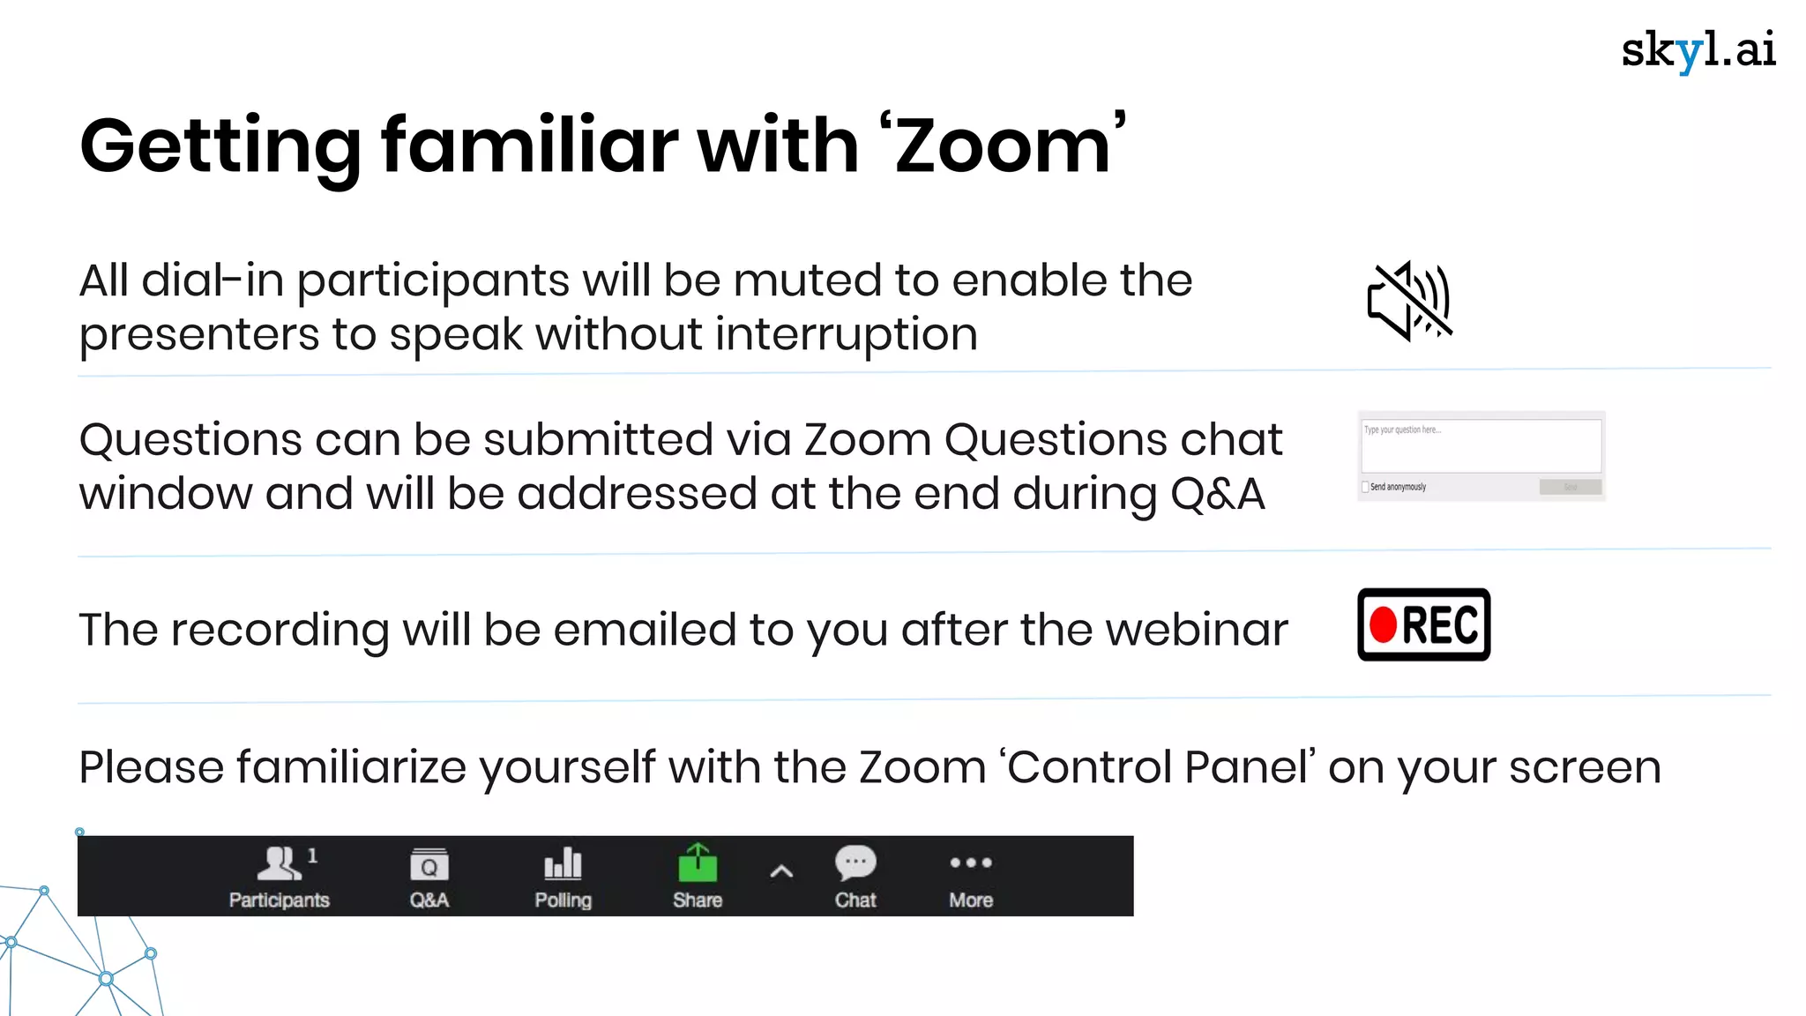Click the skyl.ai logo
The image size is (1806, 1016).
pos(1698,50)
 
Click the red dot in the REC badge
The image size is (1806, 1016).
pos(1383,625)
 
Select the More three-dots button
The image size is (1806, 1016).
pos(971,863)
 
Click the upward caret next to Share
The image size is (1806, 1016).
pos(781,872)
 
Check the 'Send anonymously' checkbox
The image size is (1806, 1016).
pos(1365,487)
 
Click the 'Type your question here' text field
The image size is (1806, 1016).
pos(1481,446)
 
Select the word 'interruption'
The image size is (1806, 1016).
pos(846,335)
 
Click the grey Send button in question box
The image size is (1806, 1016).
pos(1570,487)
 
